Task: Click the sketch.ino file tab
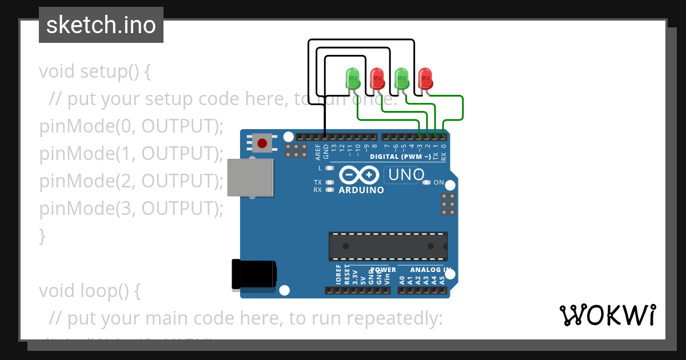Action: point(101,25)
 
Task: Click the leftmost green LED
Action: point(352,78)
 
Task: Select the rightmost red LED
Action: point(425,78)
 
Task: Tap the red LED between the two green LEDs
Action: point(377,78)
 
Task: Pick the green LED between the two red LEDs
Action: point(401,78)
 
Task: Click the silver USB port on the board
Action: point(250,177)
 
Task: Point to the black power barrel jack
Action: point(254,274)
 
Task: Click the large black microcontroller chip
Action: point(388,246)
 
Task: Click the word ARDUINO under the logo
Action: point(361,190)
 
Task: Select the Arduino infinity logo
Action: point(359,174)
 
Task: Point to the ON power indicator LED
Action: point(426,182)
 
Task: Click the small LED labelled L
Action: point(329,169)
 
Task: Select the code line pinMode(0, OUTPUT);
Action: point(131,126)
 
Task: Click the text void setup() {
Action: point(95,72)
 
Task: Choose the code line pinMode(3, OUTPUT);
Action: point(131,209)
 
